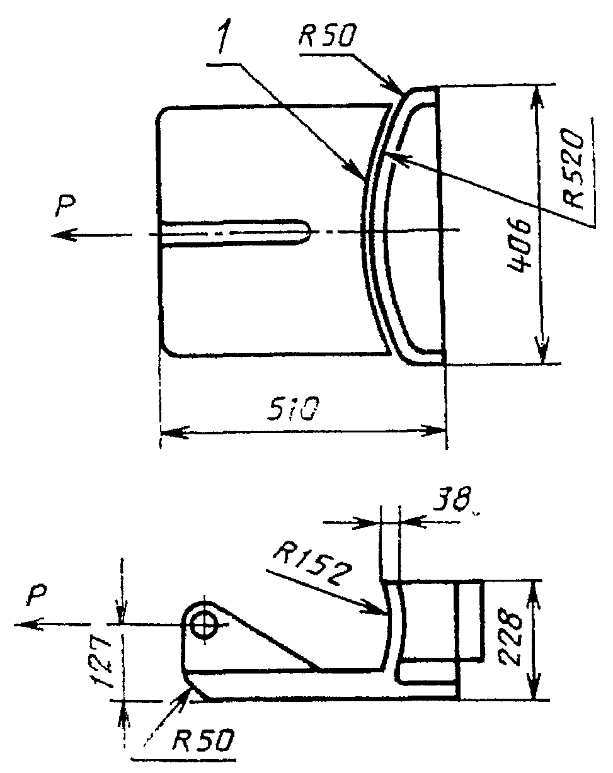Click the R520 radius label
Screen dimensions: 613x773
(573, 168)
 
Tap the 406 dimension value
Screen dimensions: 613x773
(518, 245)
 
